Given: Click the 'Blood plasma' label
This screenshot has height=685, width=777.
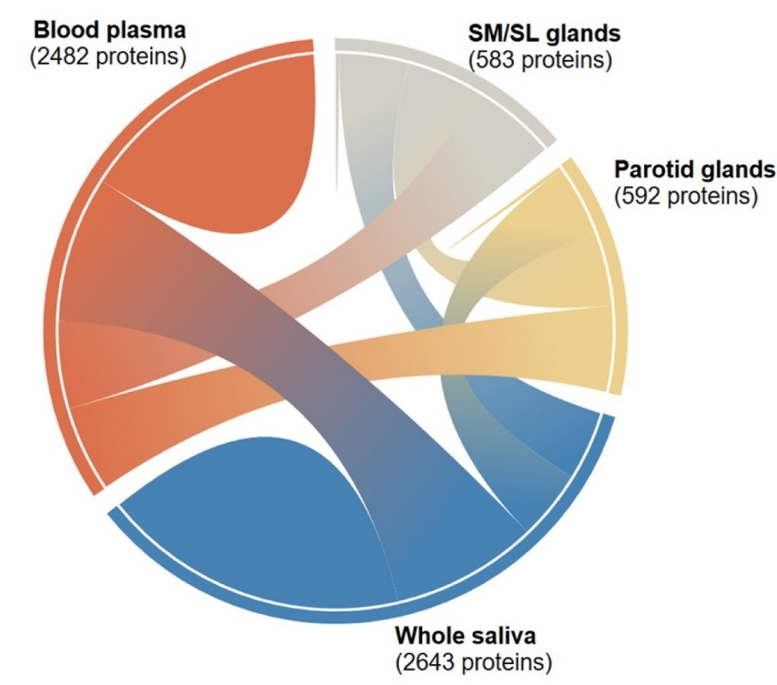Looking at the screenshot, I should [x=110, y=30].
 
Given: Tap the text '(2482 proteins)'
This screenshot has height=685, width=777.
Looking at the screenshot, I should [x=110, y=57].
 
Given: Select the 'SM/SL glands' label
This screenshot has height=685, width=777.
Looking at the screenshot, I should [x=545, y=34].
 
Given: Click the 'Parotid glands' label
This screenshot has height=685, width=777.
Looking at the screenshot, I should [x=694, y=168].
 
